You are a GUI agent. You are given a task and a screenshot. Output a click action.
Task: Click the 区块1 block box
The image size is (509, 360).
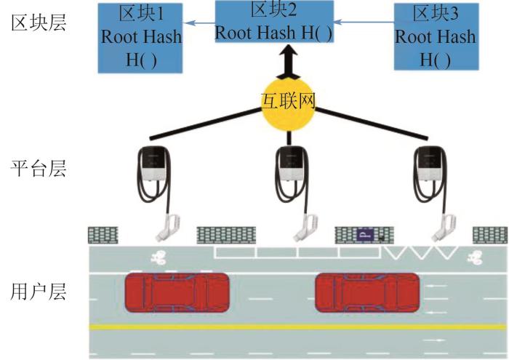141,37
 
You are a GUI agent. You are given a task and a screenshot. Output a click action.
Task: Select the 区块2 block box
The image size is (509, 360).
275,21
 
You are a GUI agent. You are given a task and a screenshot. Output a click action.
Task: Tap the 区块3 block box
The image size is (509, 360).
435,36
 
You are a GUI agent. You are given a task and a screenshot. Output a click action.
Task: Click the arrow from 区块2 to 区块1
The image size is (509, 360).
199,24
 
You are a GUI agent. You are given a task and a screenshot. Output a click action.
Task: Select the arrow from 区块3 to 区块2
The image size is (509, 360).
364,23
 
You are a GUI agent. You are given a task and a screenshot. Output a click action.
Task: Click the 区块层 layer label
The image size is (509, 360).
39,23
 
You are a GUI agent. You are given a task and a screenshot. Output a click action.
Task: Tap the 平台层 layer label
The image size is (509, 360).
39,169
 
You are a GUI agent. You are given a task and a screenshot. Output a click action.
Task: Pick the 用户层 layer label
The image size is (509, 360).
39,292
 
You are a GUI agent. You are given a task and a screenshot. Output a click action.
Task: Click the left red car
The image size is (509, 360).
177,293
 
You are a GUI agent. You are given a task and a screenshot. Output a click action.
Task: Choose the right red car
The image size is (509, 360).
367,293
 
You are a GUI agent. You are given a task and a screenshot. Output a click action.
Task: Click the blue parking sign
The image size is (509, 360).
364,234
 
